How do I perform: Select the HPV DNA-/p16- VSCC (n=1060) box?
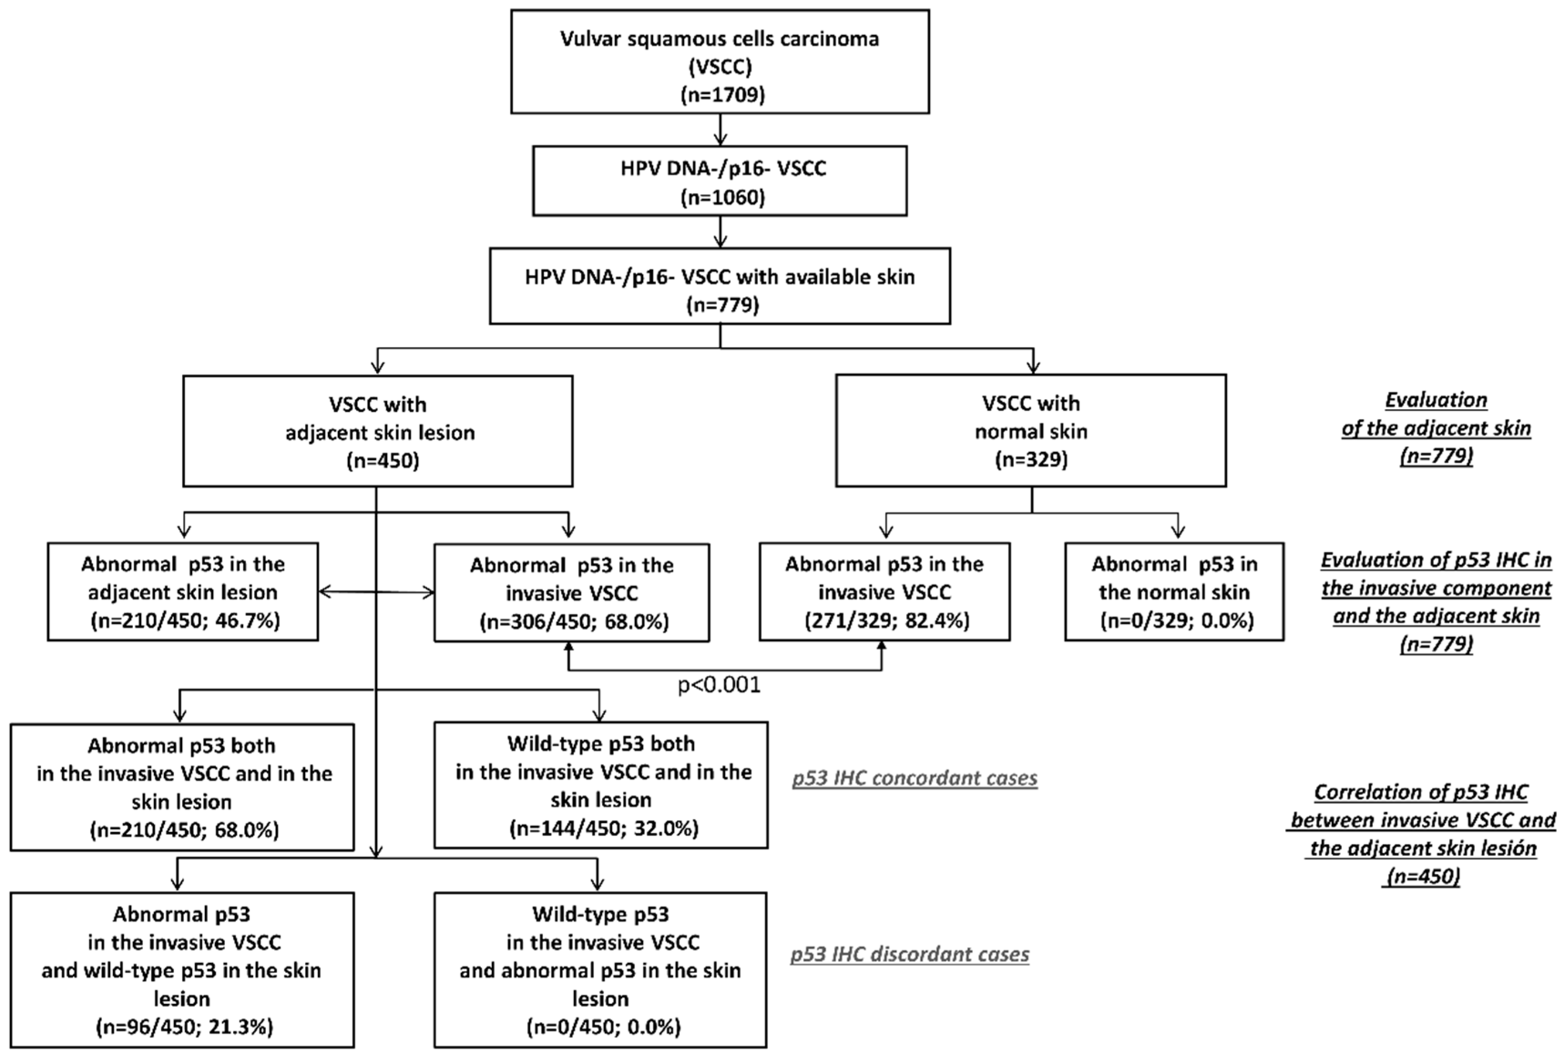pos(719,180)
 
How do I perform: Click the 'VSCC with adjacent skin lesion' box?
pos(378,432)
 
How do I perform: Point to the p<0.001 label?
pos(719,685)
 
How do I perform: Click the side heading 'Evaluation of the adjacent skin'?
pos(1436,428)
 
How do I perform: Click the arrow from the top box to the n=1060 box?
pos(720,129)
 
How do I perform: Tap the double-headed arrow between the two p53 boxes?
pos(376,592)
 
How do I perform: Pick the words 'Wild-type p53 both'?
pos(601,744)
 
